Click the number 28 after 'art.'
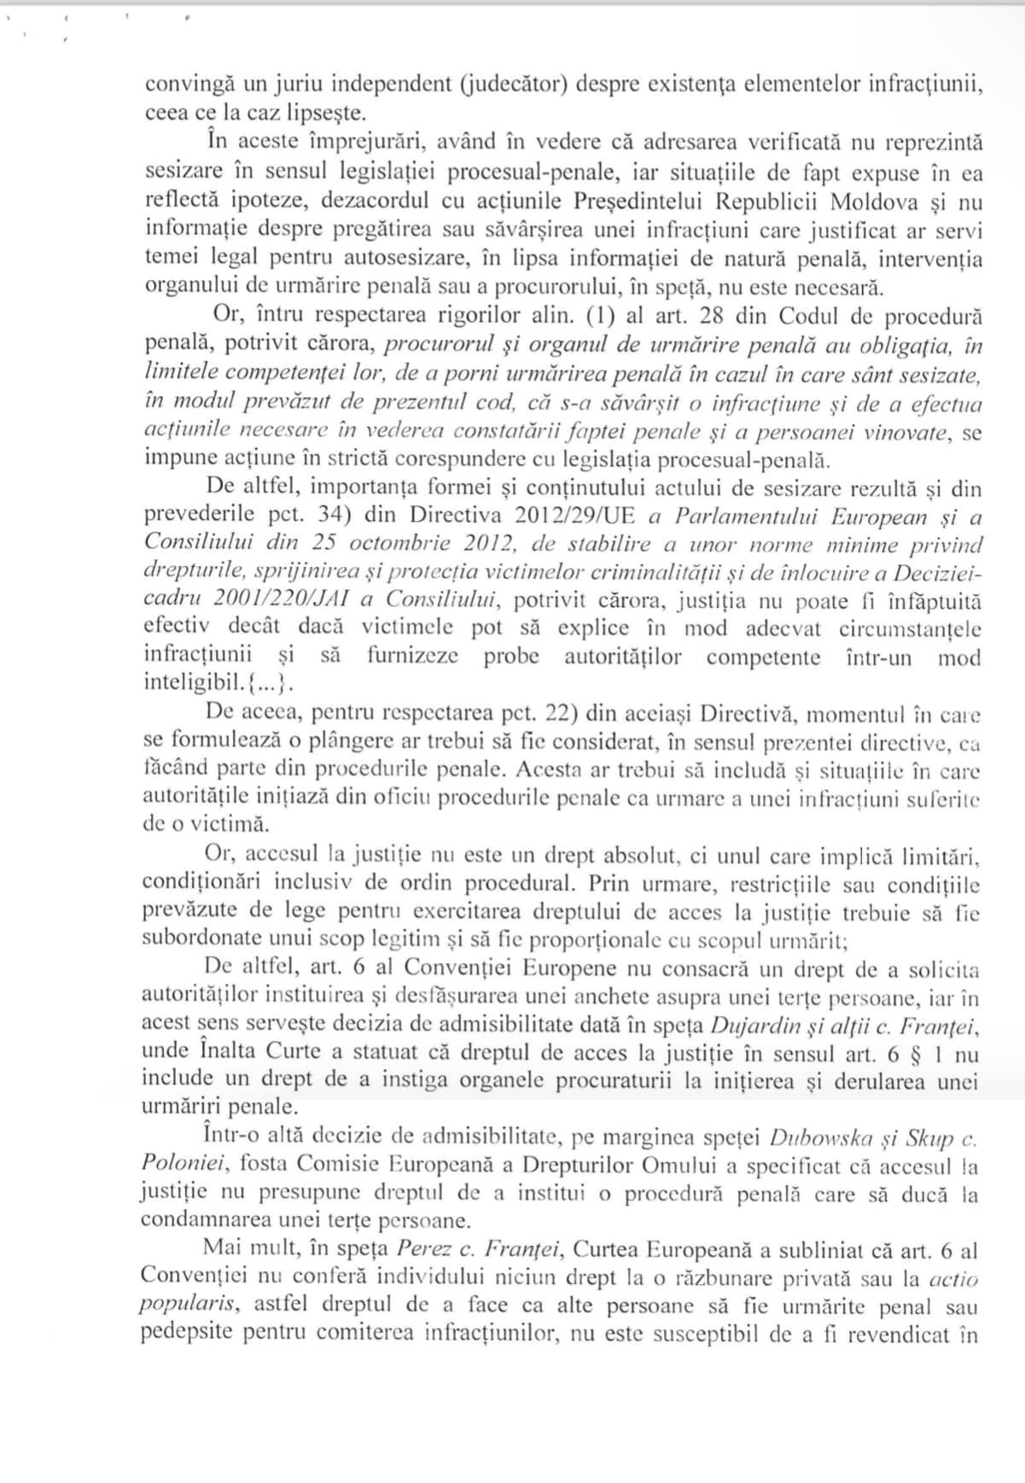click(x=712, y=317)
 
